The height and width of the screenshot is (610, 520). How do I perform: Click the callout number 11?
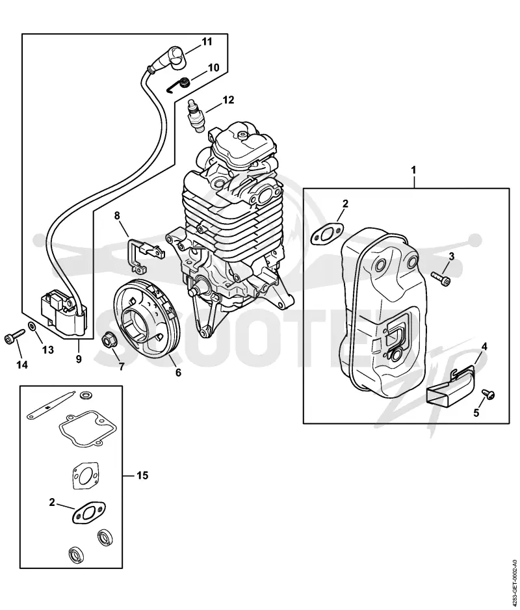[x=207, y=41]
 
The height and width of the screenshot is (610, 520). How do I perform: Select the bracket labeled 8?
[x=145, y=255]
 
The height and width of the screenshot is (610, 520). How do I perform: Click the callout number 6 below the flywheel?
[x=178, y=372]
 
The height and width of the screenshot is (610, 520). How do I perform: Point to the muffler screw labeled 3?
[x=441, y=278]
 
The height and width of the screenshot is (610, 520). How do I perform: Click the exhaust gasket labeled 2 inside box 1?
[x=328, y=233]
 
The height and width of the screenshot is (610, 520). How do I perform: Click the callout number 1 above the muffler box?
[x=414, y=170]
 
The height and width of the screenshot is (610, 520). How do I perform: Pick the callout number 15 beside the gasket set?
[x=142, y=475]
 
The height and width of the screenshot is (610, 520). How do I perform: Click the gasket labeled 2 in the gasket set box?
[x=88, y=512]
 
